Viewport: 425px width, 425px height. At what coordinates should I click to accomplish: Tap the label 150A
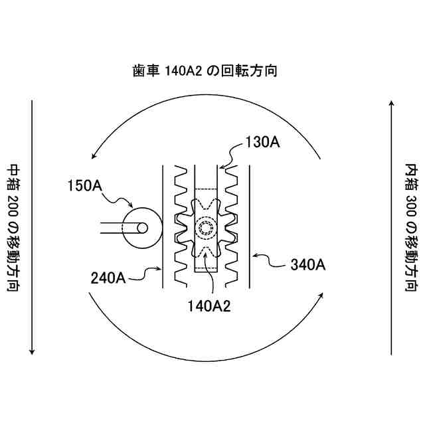tap(86, 185)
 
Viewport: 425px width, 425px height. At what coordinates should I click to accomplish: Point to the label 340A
tap(307, 264)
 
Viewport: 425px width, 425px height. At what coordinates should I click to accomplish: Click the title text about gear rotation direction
tap(204, 71)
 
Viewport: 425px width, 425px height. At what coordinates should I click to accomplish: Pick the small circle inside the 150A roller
tap(141, 227)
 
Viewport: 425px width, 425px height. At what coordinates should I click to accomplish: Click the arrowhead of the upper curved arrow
tap(96, 155)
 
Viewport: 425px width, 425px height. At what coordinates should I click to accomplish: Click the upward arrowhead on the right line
tap(392, 103)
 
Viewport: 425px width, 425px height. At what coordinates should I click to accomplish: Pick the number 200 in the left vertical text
tap(13, 203)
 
